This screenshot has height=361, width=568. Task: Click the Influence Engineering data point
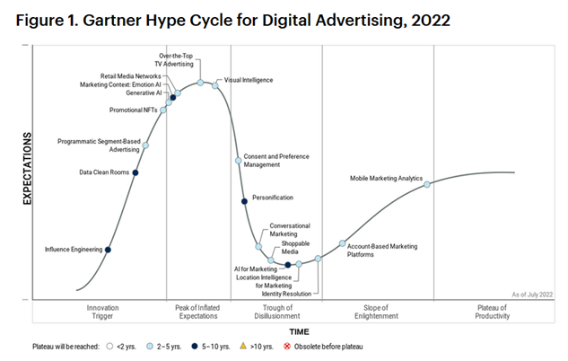pyautogui.click(x=108, y=250)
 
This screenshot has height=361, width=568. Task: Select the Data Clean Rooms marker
pyautogui.click(x=135, y=172)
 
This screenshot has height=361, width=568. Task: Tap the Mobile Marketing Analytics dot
pyautogui.click(x=427, y=184)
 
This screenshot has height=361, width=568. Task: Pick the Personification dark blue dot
pyautogui.click(x=244, y=201)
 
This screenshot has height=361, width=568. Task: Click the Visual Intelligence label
pyautogui.click(x=249, y=80)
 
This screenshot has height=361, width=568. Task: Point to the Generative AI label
pyautogui.click(x=144, y=93)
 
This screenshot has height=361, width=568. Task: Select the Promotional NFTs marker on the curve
pyautogui.click(x=163, y=110)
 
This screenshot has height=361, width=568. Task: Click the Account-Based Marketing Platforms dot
pyautogui.click(x=342, y=243)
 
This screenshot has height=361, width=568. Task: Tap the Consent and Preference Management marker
pyautogui.click(x=239, y=161)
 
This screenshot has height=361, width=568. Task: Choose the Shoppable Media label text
pyautogui.click(x=295, y=248)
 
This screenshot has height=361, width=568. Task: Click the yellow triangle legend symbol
pyautogui.click(x=243, y=346)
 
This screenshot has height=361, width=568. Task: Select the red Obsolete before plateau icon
pyautogui.click(x=287, y=346)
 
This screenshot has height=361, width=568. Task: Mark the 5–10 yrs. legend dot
pyautogui.click(x=195, y=346)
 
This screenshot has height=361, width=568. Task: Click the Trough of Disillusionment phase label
pyautogui.click(x=277, y=312)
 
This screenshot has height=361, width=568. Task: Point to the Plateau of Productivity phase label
pyautogui.click(x=493, y=312)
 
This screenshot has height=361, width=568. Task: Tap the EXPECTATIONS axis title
pyautogui.click(x=28, y=169)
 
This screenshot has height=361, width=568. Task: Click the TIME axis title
pyautogui.click(x=299, y=331)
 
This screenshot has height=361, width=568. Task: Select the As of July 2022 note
pyautogui.click(x=532, y=295)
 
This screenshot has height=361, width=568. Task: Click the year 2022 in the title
pyautogui.click(x=431, y=21)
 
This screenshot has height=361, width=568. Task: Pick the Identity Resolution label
pyautogui.click(x=286, y=294)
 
